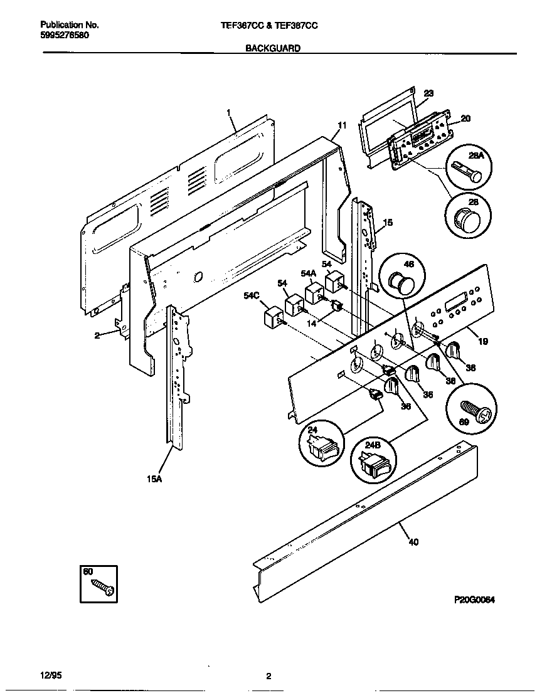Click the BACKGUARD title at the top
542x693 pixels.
click(272, 48)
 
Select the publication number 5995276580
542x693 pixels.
click(65, 35)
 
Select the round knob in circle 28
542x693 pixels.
click(464, 220)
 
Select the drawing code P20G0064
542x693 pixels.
click(474, 600)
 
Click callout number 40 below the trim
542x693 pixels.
click(413, 542)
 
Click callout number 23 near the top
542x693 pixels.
click(428, 93)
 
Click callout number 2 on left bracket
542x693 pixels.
click(97, 336)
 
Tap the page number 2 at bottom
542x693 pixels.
click(268, 676)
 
